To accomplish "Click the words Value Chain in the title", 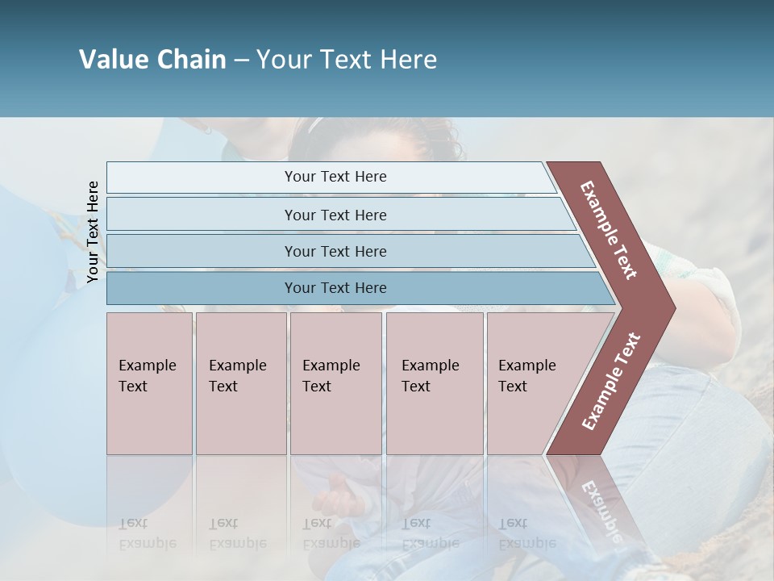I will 152,60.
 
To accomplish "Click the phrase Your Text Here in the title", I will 347,60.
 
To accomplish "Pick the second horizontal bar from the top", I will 335,215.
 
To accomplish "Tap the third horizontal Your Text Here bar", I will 335,251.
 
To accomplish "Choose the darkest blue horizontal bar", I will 335,288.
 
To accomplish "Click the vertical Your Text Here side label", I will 93,232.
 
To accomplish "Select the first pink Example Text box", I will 149,383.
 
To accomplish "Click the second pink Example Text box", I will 240,383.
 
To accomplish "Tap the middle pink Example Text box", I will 335,383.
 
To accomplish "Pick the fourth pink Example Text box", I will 435,383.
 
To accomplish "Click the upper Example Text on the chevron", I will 609,230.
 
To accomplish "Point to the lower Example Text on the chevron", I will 610,381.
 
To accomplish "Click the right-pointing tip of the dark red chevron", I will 671,308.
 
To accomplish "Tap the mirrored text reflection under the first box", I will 148,533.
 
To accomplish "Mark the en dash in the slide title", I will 241,61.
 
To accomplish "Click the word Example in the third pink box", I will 331,366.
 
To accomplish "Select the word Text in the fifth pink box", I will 512,387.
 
